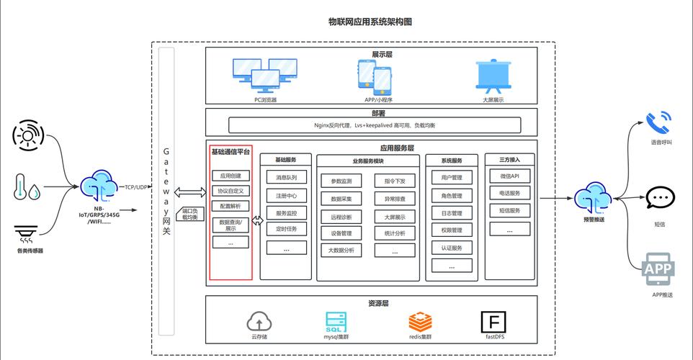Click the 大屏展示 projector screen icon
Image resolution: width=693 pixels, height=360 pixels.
click(x=493, y=76)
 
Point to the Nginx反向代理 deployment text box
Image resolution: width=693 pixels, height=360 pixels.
click(x=375, y=125)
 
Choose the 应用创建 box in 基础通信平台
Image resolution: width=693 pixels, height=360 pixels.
click(x=231, y=176)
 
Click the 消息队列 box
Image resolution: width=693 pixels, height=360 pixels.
click(x=286, y=177)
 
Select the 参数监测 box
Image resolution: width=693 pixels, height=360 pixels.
click(x=341, y=181)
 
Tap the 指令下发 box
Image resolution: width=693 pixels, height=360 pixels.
click(x=395, y=181)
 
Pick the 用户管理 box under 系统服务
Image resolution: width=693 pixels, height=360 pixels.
click(x=452, y=177)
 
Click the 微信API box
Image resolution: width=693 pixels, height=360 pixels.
click(x=510, y=176)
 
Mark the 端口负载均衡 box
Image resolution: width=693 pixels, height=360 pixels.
click(x=190, y=214)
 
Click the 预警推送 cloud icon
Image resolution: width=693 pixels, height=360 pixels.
click(x=593, y=196)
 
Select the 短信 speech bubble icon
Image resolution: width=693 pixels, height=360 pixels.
click(x=660, y=198)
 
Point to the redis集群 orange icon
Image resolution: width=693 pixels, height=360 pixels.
click(x=420, y=321)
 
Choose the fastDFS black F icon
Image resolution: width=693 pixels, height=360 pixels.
click(x=493, y=321)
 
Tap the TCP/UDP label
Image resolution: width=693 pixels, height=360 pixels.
click(x=137, y=187)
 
